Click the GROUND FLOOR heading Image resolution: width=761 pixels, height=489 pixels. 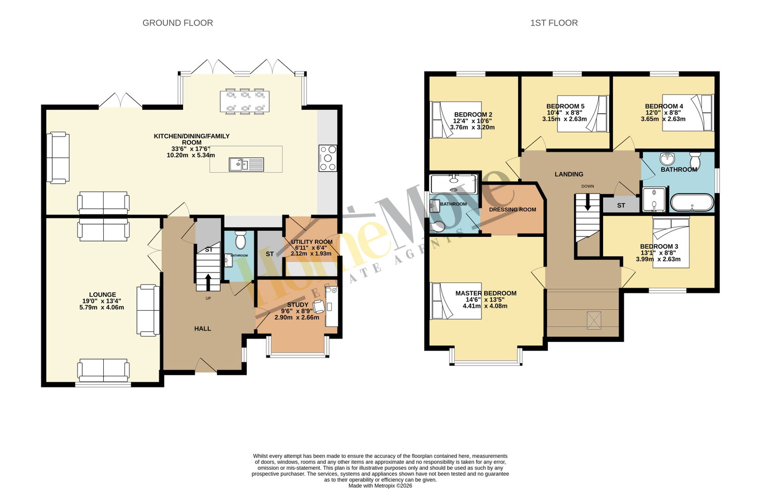pyautogui.click(x=178, y=23)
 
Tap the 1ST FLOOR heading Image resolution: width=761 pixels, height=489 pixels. pyautogui.click(x=554, y=23)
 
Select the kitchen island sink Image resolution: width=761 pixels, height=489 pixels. pyautogui.click(x=246, y=165)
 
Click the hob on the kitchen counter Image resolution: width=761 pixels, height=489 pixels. pyautogui.click(x=328, y=158)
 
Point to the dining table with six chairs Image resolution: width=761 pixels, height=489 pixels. pyautogui.click(x=244, y=101)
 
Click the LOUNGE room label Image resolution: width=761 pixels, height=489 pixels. pyautogui.click(x=102, y=294)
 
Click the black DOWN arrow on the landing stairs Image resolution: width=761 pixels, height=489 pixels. pyautogui.click(x=587, y=202)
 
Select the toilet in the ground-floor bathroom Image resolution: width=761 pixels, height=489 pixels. pyautogui.click(x=241, y=240)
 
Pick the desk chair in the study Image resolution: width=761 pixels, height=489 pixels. pyautogui.click(x=319, y=307)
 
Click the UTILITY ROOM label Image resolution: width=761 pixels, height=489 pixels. pyautogui.click(x=312, y=242)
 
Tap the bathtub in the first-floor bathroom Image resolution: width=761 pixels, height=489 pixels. pyautogui.click(x=692, y=203)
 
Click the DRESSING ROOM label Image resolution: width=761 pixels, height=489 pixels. pyautogui.click(x=512, y=210)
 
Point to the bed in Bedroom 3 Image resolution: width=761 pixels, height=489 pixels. pyautogui.click(x=671, y=243)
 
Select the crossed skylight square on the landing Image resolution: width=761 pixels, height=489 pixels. pyautogui.click(x=594, y=321)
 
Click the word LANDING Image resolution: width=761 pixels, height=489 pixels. pyautogui.click(x=569, y=174)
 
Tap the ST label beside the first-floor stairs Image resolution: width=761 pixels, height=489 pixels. pyautogui.click(x=621, y=205)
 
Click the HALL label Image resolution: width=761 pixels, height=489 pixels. pyautogui.click(x=203, y=329)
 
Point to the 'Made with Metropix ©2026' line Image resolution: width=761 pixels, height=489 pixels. pyautogui.click(x=380, y=486)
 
